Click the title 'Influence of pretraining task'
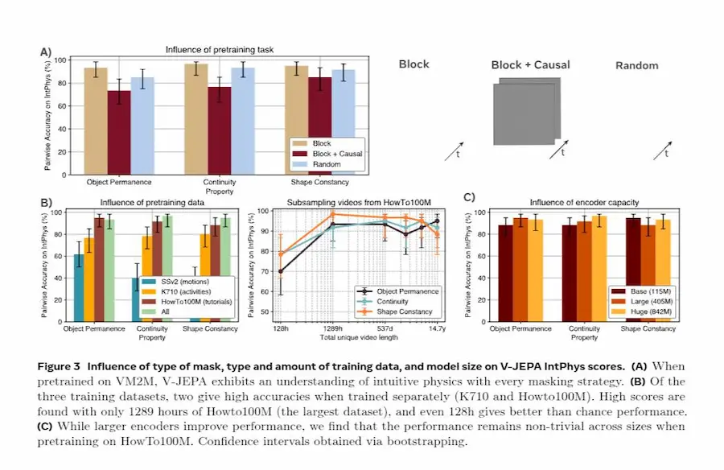[220, 50]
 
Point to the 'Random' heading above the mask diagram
[636, 65]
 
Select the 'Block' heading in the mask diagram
[414, 64]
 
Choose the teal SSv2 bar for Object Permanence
[78, 287]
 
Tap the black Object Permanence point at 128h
[280, 271]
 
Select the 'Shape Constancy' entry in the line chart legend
[404, 311]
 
